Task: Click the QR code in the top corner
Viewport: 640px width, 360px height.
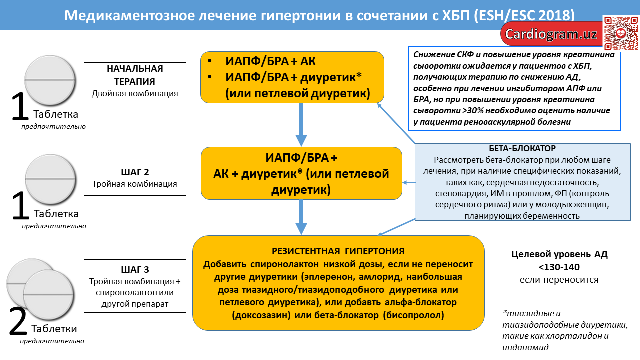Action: [621, 33]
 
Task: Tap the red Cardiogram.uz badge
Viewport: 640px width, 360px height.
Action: [552, 34]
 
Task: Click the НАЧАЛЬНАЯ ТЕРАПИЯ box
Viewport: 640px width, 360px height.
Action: [135, 81]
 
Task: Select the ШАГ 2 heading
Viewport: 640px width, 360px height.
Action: [135, 172]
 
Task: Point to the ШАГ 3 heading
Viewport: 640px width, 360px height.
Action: [135, 269]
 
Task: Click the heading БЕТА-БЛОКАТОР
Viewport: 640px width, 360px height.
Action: [522, 148]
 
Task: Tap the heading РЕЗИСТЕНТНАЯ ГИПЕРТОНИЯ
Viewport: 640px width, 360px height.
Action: [338, 251]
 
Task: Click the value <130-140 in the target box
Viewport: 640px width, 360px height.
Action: [559, 267]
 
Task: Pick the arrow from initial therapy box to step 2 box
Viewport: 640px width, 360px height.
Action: [301, 125]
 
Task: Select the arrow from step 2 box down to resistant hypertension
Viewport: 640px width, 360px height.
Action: [301, 217]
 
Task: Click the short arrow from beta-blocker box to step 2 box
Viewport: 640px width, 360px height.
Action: [409, 183]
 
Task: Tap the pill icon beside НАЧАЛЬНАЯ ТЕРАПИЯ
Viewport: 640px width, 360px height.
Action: [50, 80]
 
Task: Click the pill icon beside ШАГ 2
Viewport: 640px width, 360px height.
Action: [50, 179]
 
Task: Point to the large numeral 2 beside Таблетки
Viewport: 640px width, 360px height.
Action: [18, 321]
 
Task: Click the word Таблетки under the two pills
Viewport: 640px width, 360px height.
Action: [54, 329]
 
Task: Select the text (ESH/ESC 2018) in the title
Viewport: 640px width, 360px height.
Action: [524, 15]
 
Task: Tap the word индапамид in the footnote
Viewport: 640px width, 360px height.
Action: [525, 347]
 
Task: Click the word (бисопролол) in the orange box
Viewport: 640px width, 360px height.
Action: [413, 315]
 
